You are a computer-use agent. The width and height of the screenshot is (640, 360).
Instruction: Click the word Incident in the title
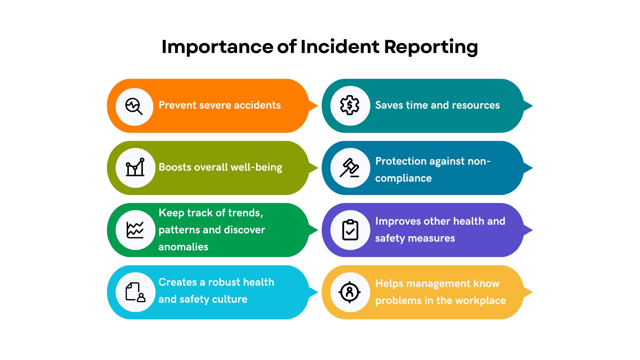[340, 46]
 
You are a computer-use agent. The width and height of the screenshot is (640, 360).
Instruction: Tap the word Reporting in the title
[431, 47]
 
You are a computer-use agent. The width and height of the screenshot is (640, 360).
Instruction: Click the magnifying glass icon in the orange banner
[134, 106]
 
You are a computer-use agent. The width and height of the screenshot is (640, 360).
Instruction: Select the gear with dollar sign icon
[350, 105]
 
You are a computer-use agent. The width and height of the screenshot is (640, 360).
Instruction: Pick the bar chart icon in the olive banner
[135, 167]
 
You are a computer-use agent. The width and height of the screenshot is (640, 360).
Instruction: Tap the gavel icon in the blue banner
[350, 168]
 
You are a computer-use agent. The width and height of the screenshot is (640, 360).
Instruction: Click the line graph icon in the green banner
[135, 230]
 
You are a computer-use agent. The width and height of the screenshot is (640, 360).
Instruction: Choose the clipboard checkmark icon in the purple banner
[350, 230]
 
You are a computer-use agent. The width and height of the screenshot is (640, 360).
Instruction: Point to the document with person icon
[135, 292]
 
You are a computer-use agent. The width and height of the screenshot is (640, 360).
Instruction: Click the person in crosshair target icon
[350, 292]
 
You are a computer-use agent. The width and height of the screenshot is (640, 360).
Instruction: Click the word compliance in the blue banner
[403, 178]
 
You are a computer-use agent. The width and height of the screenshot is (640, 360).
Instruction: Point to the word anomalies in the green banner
[183, 247]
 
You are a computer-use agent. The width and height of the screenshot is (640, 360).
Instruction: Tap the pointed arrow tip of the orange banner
[318, 106]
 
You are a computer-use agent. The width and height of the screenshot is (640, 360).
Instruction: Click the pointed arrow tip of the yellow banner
[532, 292]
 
